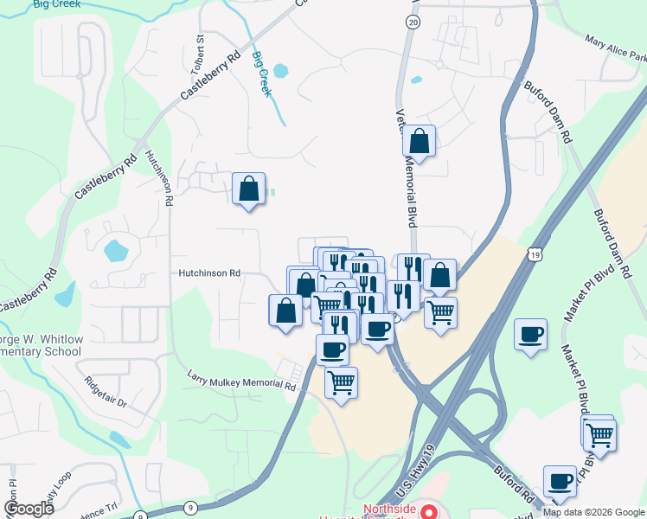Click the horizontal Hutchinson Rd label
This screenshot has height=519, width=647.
tap(209, 272)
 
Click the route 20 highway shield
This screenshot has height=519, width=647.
tap(413, 22)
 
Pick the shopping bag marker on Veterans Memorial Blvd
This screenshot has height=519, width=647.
tap(420, 141)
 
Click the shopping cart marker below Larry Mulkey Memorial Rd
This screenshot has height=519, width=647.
tap(342, 380)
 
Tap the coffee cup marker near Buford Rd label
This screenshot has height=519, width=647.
tap(560, 480)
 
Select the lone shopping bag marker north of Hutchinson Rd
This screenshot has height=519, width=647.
tap(248, 188)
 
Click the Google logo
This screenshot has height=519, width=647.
tap(29, 509)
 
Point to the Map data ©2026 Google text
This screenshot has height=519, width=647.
tap(594, 512)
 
